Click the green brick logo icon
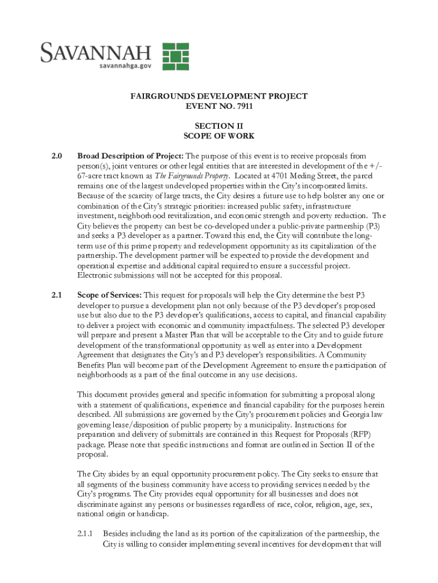click(176, 56)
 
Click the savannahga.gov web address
click(126, 65)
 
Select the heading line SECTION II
click(219, 126)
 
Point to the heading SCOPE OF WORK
click(219, 136)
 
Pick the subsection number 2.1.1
click(85, 534)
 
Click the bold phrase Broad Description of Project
click(130, 156)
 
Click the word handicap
click(152, 515)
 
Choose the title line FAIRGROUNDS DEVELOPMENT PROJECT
click(219, 96)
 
